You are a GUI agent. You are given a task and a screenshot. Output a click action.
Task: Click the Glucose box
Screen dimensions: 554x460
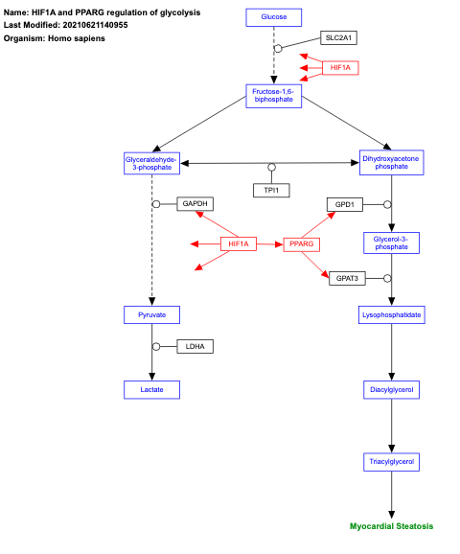pos(273,17)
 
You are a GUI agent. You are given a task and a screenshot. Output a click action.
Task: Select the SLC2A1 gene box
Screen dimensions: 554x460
pos(338,37)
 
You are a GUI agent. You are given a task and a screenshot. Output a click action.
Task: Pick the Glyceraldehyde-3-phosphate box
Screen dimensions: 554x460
pos(152,163)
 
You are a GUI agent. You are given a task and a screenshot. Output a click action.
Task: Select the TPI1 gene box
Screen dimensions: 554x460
pos(271,190)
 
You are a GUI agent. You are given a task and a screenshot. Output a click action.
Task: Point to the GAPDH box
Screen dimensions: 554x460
pos(195,204)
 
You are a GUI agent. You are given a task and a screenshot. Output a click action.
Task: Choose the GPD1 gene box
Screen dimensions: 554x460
pos(345,204)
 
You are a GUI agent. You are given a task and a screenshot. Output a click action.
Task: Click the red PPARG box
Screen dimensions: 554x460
pos(301,244)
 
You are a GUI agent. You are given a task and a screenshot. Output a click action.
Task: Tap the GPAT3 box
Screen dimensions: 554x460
pos(346,278)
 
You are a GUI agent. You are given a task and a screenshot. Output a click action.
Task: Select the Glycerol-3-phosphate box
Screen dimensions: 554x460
pos(391,242)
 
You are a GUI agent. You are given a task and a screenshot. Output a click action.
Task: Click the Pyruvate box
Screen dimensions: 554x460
pos(152,314)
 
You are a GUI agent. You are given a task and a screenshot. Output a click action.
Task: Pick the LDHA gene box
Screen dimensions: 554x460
pos(195,345)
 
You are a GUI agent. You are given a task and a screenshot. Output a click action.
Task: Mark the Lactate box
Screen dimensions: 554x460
pos(152,389)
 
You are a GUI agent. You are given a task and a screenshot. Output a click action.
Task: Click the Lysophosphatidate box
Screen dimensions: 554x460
pos(391,314)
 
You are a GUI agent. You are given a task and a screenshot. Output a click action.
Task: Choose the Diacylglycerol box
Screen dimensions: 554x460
pos(391,389)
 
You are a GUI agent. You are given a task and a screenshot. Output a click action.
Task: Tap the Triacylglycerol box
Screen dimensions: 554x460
pos(391,461)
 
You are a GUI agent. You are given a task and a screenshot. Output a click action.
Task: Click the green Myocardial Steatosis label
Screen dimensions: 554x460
pos(391,526)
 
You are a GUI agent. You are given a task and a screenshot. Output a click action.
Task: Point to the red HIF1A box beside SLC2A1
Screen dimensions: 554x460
pos(340,68)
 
